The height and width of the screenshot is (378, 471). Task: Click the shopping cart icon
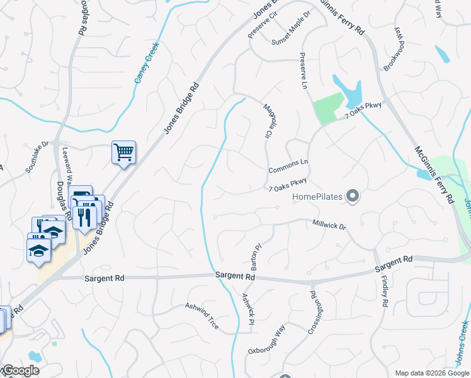[123, 151]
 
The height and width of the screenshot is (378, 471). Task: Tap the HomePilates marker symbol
[353, 197]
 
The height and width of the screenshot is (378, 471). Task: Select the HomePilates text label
[318, 197]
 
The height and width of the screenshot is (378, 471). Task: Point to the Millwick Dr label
[329, 225]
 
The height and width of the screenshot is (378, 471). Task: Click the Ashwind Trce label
[202, 316]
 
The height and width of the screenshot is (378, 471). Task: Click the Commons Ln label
[288, 167]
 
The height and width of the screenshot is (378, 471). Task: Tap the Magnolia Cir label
[268, 121]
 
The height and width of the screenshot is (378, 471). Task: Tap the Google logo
[20, 370]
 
